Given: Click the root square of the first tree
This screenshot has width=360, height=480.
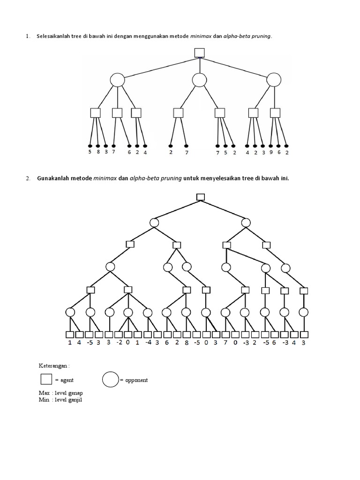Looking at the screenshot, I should click(200, 52).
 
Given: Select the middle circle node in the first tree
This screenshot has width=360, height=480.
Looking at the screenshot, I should click(200, 80).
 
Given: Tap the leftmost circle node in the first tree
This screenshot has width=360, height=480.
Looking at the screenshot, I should click(117, 80).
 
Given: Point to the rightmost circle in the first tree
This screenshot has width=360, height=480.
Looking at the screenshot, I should click(274, 80).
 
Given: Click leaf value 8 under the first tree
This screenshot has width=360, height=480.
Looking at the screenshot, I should click(98, 152).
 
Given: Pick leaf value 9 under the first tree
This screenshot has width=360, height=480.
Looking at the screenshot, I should click(271, 152).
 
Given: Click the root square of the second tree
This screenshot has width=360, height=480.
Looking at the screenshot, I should click(201, 197).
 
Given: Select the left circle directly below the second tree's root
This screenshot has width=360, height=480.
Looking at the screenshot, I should click(155, 222).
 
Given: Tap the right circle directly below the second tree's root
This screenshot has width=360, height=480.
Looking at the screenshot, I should click(246, 222).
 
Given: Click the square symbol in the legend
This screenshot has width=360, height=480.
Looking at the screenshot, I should click(46, 379).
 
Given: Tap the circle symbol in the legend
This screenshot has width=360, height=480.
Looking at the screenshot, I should click(111, 379).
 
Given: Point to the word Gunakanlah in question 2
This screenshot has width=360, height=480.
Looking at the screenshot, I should click(53, 179).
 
